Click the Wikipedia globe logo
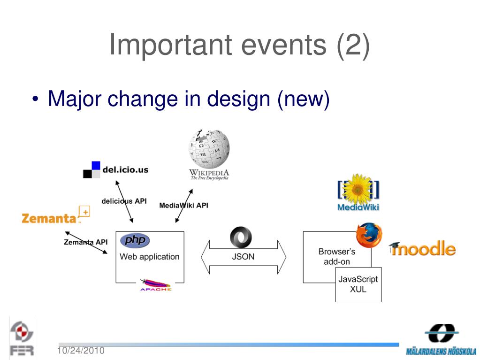coord(209,149)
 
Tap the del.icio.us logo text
coord(122,170)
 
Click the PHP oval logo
coord(135,241)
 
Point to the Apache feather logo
coord(155,284)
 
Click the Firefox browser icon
coord(369,235)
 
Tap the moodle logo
coord(423,248)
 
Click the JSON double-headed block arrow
coord(243,257)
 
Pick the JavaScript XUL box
coord(358,284)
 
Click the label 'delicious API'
coord(124,201)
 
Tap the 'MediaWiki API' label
coord(183,205)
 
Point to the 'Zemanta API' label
coord(85,242)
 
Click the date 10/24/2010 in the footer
coord(81,351)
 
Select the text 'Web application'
coord(149,257)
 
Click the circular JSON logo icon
coord(241,238)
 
